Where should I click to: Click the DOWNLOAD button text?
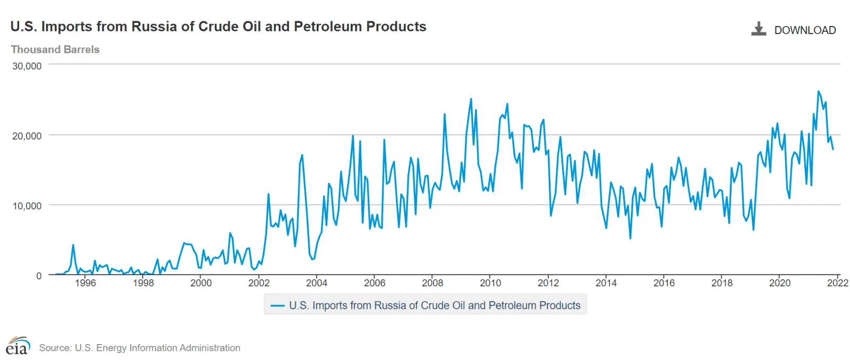click(x=804, y=30)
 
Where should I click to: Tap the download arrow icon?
click(x=758, y=29)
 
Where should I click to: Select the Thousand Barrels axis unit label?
click(x=55, y=49)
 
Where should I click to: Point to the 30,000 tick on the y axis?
click(x=27, y=66)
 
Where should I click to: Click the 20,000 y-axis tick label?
click(x=27, y=136)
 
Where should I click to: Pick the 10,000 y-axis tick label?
click(x=27, y=206)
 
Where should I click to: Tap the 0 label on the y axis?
click(x=39, y=276)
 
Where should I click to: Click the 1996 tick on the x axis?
click(x=85, y=283)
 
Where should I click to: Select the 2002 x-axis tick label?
click(x=259, y=283)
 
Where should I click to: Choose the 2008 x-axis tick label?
click(x=432, y=283)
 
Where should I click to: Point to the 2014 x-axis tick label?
click(x=606, y=283)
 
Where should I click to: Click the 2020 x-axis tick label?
click(x=779, y=283)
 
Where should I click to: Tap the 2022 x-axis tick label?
click(x=837, y=283)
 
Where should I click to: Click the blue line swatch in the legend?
click(x=277, y=306)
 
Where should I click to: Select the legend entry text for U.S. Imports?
click(x=435, y=306)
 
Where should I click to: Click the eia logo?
click(x=18, y=346)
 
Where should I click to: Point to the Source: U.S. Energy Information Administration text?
click(x=139, y=348)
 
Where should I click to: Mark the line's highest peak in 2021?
click(x=818, y=91)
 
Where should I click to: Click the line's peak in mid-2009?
click(x=471, y=99)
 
